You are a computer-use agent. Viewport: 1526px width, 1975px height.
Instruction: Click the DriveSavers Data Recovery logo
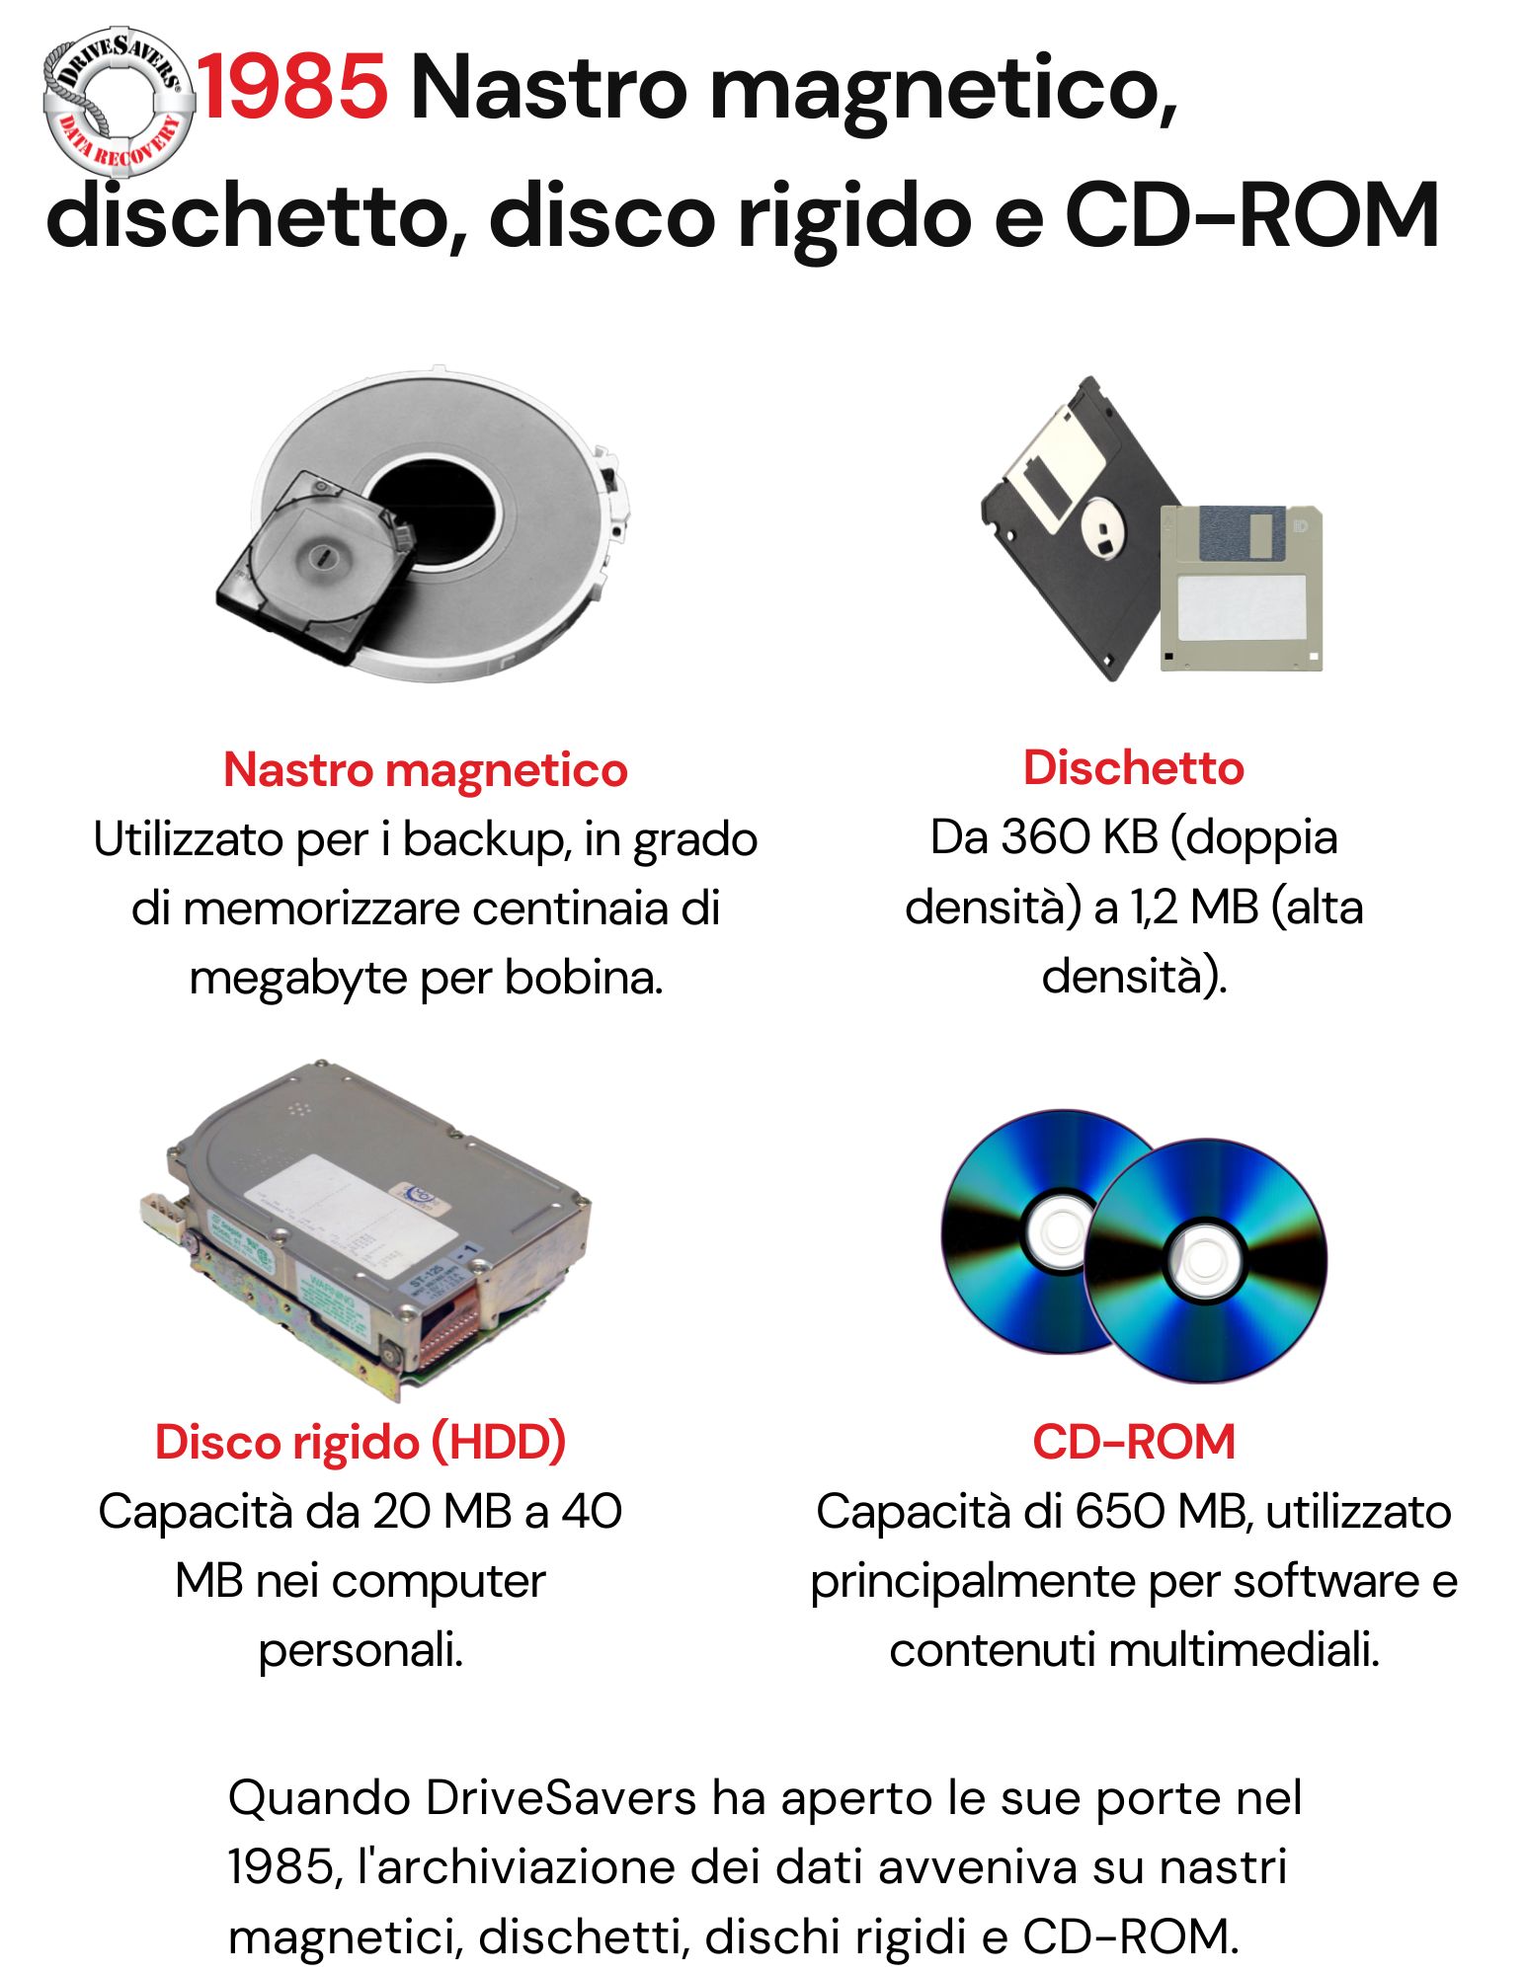pyautogui.click(x=118, y=101)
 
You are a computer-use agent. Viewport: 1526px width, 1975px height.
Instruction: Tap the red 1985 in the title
pyautogui.click(x=292, y=87)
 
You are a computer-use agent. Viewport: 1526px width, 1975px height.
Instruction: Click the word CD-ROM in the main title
pyautogui.click(x=1250, y=215)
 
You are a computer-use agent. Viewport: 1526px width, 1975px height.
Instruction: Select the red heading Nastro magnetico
pyautogui.click(x=426, y=769)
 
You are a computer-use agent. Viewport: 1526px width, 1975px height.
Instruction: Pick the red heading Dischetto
pyautogui.click(x=1133, y=767)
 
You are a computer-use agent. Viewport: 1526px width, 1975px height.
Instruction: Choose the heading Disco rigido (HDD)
pyautogui.click(x=361, y=1442)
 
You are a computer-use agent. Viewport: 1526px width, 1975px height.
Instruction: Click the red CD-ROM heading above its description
pyautogui.click(x=1134, y=1442)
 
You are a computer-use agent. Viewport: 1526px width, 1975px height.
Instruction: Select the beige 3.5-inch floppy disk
pyautogui.click(x=1241, y=588)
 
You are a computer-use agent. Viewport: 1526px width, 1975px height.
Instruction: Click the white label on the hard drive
pyautogui.click(x=351, y=1217)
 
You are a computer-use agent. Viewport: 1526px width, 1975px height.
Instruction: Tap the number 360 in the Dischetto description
pyautogui.click(x=1046, y=837)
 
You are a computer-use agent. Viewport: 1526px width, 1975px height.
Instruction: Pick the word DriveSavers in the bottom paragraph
pyautogui.click(x=561, y=1797)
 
